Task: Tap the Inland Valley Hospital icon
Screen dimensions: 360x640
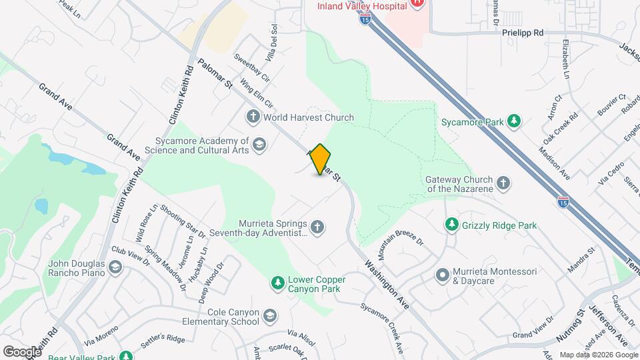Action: point(417,3)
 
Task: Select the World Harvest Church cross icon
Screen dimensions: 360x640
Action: point(253,117)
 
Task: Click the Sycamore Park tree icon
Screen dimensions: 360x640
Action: point(513,121)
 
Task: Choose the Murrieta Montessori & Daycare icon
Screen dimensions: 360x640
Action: point(442,275)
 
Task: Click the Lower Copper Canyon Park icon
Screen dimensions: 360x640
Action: point(277,283)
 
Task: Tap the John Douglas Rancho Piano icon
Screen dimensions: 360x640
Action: point(115,267)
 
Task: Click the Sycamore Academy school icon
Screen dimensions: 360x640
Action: point(259,145)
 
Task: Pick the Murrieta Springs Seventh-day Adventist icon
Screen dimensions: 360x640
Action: point(317,228)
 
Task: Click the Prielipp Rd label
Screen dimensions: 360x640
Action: point(523,32)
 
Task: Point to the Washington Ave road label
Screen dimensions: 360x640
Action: point(387,284)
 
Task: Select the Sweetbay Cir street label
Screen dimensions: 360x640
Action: point(251,68)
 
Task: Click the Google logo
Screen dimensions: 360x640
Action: point(22,351)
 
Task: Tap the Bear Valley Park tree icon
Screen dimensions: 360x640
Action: point(125,355)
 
